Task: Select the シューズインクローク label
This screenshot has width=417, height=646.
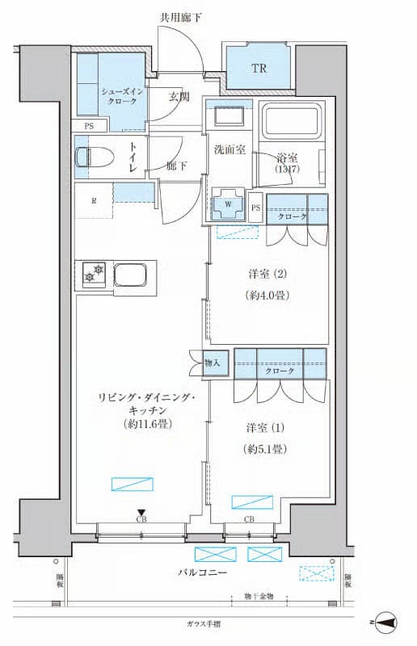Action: (124, 98)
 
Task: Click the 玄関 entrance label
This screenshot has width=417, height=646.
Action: (179, 97)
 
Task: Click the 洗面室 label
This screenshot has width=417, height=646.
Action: (229, 149)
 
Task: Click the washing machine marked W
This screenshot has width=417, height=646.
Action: (228, 204)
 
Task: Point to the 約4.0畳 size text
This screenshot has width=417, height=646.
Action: (267, 295)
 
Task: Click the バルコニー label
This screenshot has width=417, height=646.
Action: (202, 573)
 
